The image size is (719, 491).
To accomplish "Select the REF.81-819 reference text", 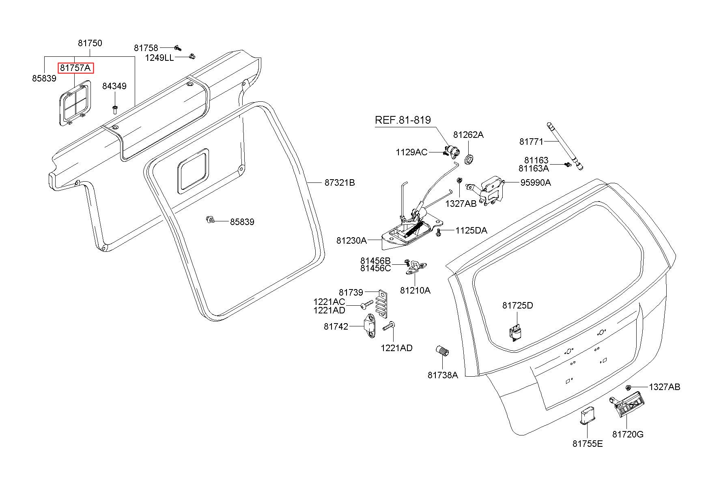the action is pos(403,120).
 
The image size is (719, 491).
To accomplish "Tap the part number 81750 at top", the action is pos(90,43).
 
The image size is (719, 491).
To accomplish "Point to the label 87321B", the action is pos(340,183).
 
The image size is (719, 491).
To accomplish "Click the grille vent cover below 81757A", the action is pos(75,103).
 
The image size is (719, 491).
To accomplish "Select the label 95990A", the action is pos(536,182).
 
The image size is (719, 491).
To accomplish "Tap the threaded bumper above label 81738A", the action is pos(442,351).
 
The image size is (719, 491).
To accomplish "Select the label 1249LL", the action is pos(159,58).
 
